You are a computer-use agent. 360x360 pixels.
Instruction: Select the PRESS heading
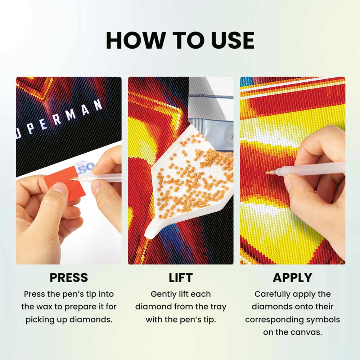coord(69,278)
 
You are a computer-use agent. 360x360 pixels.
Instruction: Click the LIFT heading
coord(181,278)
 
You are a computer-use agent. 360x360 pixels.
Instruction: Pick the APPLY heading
coord(292,278)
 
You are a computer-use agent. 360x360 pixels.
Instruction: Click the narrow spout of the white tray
coord(153,231)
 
